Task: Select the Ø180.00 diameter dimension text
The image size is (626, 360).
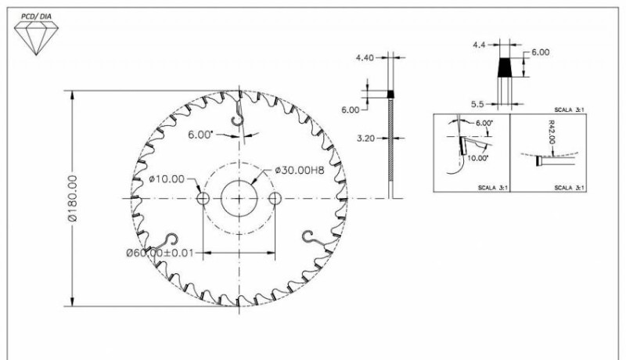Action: pos(73,198)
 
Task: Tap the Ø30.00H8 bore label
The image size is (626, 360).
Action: pos(300,171)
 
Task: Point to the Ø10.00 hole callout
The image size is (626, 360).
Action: pos(167,178)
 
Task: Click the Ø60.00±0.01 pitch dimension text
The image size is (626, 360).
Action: pos(160,253)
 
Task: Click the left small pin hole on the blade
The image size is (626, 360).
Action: pos(203,198)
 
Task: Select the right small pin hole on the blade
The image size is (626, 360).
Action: pos(275,198)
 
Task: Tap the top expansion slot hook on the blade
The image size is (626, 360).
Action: pos(238,114)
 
